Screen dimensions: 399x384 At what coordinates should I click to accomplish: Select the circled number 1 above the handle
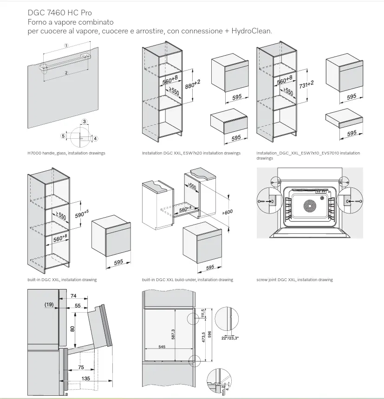tap(66, 45)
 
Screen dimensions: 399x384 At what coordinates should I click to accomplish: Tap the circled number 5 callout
tap(63, 136)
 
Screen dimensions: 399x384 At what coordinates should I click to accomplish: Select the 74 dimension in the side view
tap(74, 296)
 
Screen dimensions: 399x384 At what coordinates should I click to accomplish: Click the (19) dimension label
tap(50, 305)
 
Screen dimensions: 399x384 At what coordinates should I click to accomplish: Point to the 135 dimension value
tap(85, 379)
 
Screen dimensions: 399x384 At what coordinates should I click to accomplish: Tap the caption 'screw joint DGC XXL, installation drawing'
tap(294, 280)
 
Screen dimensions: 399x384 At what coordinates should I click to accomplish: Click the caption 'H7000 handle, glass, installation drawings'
tap(66, 153)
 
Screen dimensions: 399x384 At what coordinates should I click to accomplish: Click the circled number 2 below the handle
tap(66, 73)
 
